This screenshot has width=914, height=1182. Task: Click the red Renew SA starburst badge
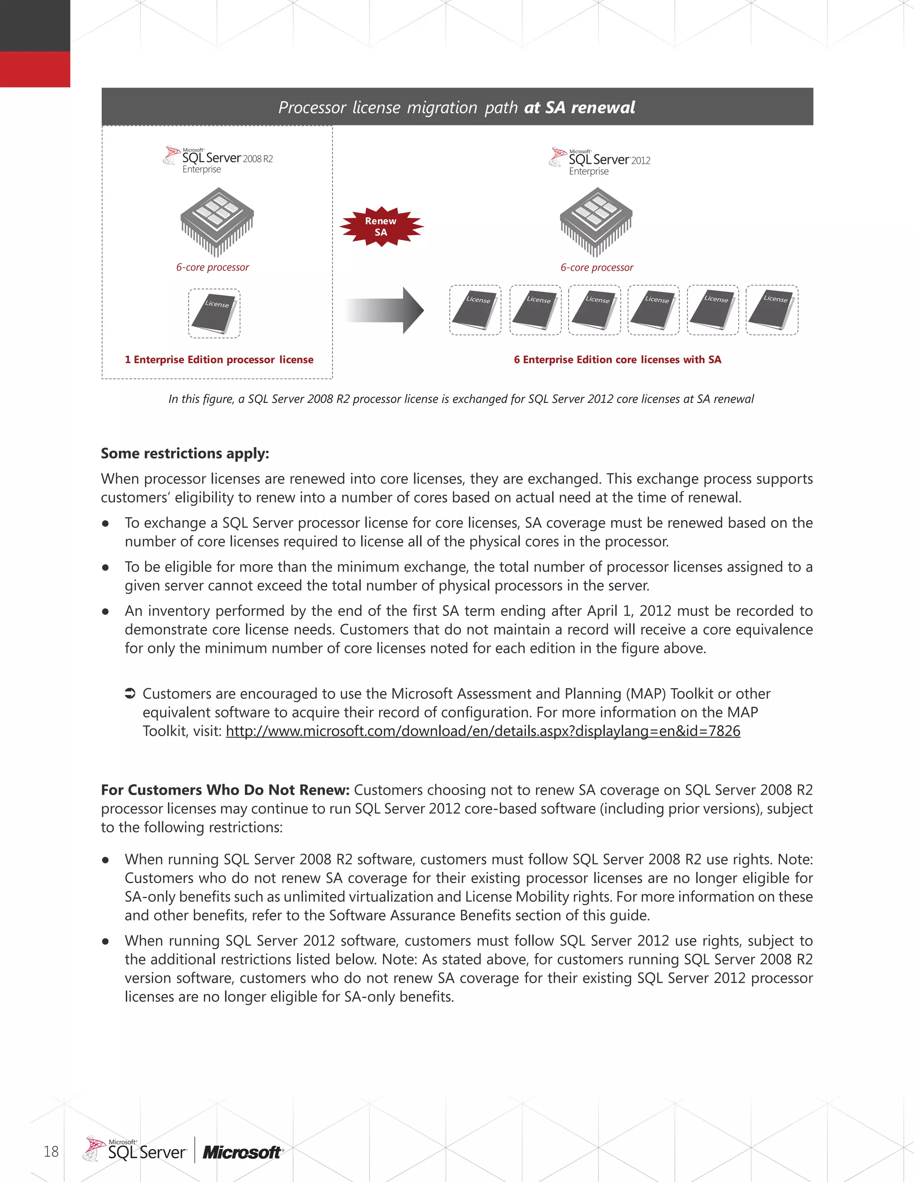click(381, 227)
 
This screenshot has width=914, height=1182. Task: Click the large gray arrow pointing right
click(385, 310)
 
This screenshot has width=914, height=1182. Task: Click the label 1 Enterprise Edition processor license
click(219, 360)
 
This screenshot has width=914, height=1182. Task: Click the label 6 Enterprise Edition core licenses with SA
click(617, 360)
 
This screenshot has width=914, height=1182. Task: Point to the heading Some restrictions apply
click(185, 454)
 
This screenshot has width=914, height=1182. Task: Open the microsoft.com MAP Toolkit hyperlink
click(482, 731)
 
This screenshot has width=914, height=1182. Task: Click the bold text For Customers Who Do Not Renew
click(225, 790)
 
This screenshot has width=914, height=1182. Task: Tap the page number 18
click(51, 1152)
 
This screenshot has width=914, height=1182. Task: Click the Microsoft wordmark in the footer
click(242, 1153)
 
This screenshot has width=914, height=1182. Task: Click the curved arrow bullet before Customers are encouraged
click(130, 693)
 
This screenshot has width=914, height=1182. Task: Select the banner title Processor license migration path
click(457, 107)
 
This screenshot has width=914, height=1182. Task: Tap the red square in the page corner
click(35, 69)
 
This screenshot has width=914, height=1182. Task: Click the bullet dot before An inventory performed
click(106, 612)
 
